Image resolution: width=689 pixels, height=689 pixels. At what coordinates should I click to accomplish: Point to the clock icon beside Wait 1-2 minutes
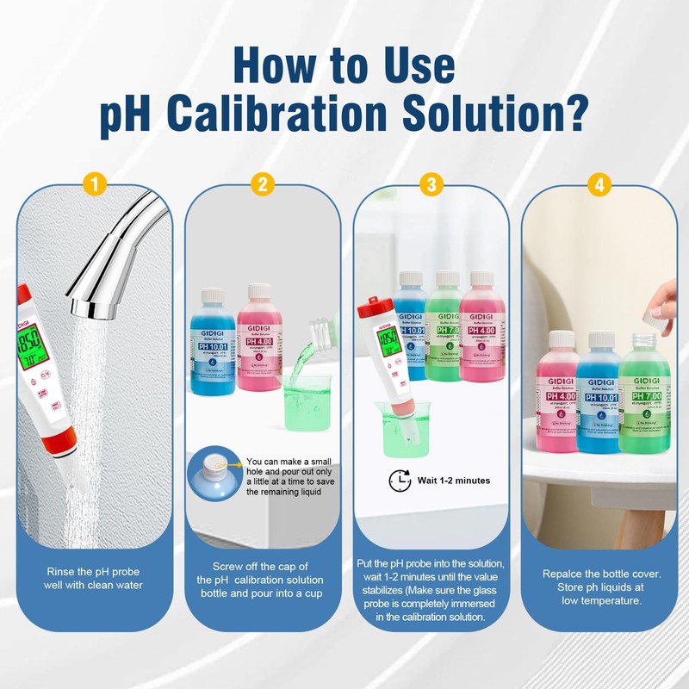pyautogui.click(x=400, y=480)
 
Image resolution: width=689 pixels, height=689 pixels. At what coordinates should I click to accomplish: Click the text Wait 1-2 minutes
pyautogui.click(x=453, y=480)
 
